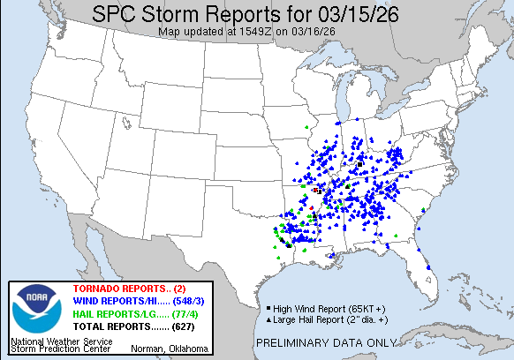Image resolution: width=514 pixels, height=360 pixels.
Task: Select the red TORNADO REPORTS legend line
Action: point(122,289)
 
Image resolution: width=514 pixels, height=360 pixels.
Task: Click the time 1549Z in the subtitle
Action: point(252,32)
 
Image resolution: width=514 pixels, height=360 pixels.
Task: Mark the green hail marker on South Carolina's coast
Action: point(426,209)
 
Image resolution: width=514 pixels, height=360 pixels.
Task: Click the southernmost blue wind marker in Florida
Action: point(427,268)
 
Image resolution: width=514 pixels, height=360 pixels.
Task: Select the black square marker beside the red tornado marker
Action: point(318,190)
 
